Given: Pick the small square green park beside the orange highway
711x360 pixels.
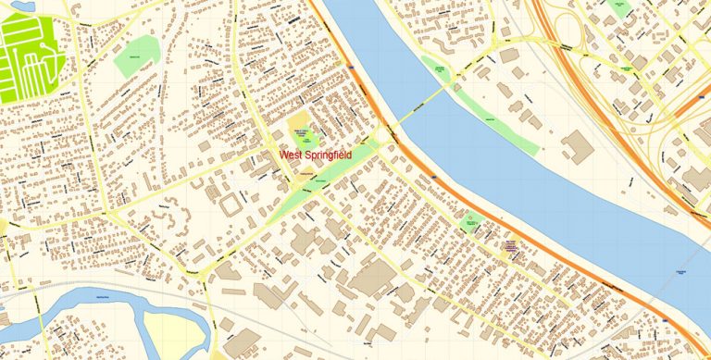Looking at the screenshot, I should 470,223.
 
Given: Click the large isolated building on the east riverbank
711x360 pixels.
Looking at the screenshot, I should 578,147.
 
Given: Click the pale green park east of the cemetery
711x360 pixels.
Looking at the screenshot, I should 137,56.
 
